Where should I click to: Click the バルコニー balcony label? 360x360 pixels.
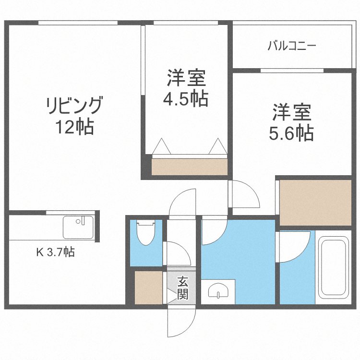(291, 47)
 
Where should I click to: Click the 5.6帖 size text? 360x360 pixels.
(292, 132)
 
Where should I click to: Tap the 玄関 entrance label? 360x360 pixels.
(182, 288)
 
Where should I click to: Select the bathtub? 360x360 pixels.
(335, 267)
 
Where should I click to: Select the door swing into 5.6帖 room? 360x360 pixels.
(245, 193)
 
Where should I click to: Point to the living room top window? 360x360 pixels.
(78, 23)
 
